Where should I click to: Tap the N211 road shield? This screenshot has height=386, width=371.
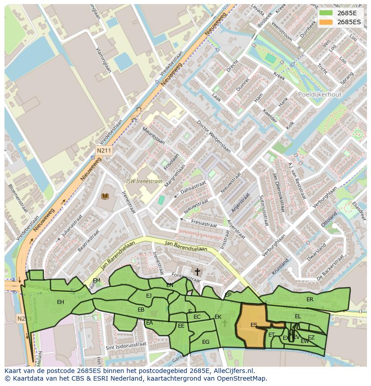point(103,151)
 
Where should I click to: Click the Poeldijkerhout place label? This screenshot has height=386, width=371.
point(319,95)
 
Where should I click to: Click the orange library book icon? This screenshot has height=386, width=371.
point(105,196)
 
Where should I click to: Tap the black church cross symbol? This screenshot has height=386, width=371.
point(197,272)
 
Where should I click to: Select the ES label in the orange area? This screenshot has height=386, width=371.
point(254,325)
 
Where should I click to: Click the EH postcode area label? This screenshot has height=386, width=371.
point(60,302)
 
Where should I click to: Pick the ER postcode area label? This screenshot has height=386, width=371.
point(310,299)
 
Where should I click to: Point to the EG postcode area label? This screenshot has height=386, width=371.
point(206,342)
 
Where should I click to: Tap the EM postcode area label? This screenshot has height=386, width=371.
point(96,281)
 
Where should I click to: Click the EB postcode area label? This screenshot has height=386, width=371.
point(141,310)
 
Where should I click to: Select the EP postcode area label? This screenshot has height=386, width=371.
point(228,295)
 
